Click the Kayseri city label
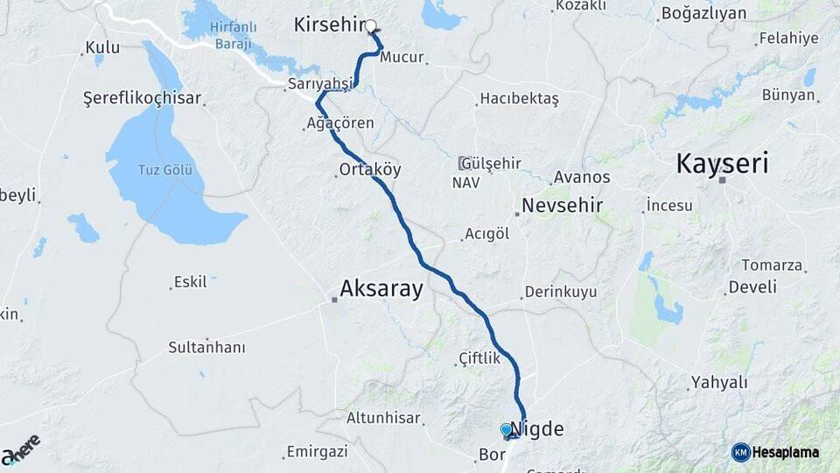[723, 164]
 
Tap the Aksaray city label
[381, 288]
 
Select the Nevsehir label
[563, 206]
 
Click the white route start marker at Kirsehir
[371, 26]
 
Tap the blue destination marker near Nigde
[506, 429]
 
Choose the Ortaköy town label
[370, 170]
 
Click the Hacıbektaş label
[519, 99]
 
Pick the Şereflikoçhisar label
[142, 97]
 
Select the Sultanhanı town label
[206, 348]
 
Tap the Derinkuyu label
[560, 292]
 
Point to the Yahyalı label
[719, 382]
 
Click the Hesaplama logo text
[786, 452]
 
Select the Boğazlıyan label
[703, 13]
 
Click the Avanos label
[580, 177]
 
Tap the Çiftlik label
[479, 358]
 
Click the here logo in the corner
[21, 449]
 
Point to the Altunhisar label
[383, 419]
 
